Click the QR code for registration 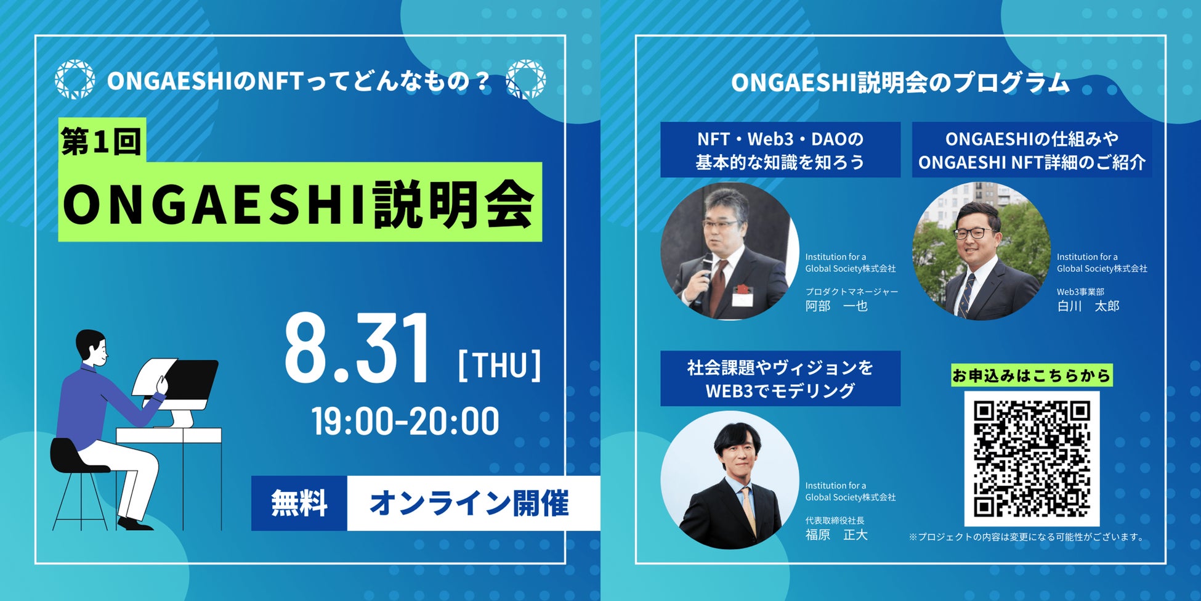1032,459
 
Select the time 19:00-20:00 405,422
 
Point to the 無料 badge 299,503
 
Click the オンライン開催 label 469,503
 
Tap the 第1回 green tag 102,141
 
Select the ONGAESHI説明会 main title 300,202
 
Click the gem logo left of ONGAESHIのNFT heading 75,80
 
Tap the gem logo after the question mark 525,80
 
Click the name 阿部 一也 836,306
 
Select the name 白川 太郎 1088,306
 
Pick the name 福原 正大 836,534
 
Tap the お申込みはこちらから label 1032,375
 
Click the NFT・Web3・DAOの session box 780,150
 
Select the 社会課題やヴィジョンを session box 780,378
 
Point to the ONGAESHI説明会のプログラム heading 900,83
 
